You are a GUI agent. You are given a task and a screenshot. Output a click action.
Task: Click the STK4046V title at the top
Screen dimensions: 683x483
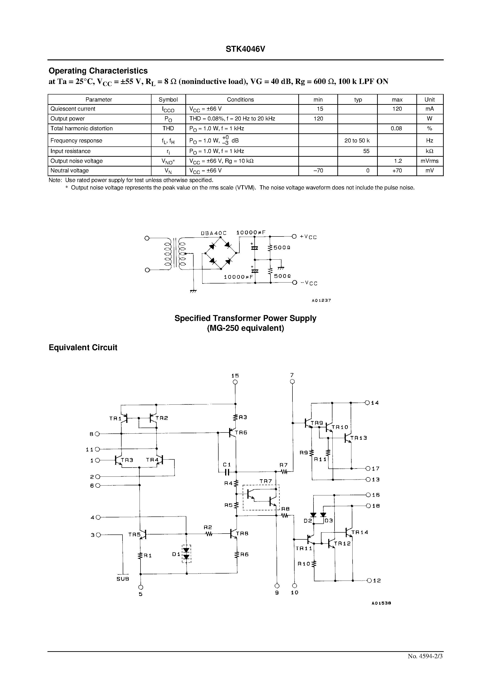[x=245, y=49]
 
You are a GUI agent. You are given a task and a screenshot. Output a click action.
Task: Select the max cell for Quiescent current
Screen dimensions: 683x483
[x=397, y=109]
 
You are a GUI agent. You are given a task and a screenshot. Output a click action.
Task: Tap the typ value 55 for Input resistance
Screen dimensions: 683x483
[x=366, y=151]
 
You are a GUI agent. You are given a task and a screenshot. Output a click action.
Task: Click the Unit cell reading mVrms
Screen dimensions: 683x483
[x=429, y=161]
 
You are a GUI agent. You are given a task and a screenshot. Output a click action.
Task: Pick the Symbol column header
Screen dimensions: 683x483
[x=168, y=100]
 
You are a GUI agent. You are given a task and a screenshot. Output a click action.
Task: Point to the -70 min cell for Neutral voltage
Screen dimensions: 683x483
[x=318, y=171]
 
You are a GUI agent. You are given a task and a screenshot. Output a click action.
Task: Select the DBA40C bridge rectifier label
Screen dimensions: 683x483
[x=213, y=233]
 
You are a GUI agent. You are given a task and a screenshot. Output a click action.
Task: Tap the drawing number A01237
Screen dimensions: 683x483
[x=321, y=300]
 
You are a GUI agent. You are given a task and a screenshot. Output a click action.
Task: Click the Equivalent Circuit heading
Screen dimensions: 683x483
[x=83, y=347]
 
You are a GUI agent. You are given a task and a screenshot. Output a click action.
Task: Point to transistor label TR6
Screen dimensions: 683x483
[x=241, y=432]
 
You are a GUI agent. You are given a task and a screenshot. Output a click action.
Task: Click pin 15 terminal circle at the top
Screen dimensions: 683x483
[x=235, y=382]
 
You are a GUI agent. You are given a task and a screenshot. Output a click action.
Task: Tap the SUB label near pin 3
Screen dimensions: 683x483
[x=123, y=579]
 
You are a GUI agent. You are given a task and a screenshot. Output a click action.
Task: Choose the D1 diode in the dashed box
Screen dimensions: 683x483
[x=186, y=554]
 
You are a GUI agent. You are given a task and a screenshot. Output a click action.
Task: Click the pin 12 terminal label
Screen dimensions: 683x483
[x=377, y=580]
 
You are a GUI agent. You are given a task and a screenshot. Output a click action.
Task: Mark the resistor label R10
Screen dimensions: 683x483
[x=304, y=563]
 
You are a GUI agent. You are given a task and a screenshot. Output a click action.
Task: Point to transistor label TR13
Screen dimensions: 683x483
[x=358, y=438]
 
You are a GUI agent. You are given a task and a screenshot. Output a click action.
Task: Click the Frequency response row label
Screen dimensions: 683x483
[x=76, y=141]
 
